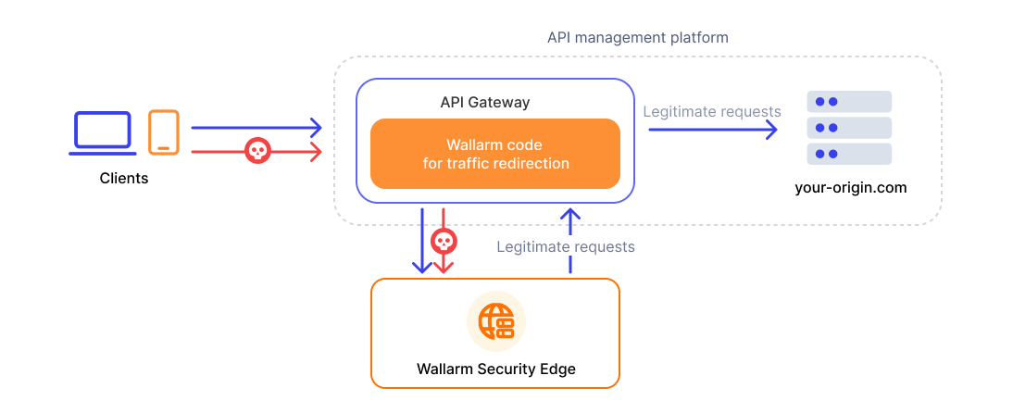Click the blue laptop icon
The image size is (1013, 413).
(x=103, y=132)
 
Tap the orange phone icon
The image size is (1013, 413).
(x=164, y=132)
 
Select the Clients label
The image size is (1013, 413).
(x=124, y=178)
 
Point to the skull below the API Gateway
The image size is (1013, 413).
(x=444, y=242)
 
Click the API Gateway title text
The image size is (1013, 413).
(x=485, y=102)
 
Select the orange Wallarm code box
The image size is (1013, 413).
(x=494, y=154)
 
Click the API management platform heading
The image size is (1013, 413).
(x=637, y=38)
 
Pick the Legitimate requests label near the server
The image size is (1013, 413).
(x=711, y=111)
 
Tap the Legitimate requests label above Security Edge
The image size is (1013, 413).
(x=566, y=246)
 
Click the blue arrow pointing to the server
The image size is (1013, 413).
(x=712, y=130)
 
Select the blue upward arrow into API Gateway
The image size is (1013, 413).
(x=570, y=241)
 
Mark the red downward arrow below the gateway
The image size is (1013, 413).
(x=444, y=264)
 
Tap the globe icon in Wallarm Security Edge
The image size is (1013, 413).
(x=495, y=320)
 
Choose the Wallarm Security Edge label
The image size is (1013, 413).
(x=495, y=369)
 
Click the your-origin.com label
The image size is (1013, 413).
(x=850, y=187)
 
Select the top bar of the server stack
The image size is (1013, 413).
(x=849, y=101)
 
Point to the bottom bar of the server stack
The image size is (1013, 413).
(x=849, y=154)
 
